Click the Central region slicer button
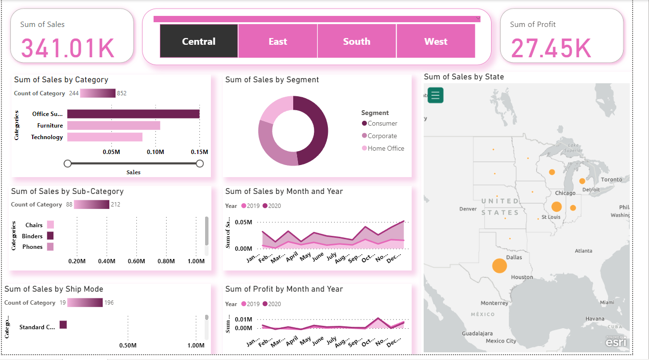point(199,41)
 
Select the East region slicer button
point(278,41)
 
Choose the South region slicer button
point(357,41)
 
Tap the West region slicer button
point(436,41)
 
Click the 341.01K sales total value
point(67,48)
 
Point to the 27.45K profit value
point(551,48)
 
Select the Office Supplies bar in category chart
point(133,114)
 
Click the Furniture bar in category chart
point(113,126)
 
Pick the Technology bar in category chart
point(104,137)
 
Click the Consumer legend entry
point(382,124)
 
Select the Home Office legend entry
point(386,149)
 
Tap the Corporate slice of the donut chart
point(272,144)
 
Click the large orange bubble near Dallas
point(499,265)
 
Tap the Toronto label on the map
point(611,180)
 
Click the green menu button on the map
point(435,95)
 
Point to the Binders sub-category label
point(32,236)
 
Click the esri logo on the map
point(616,342)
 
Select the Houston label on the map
point(522,277)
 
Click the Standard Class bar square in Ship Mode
point(63,325)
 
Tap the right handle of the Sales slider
point(200,164)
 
